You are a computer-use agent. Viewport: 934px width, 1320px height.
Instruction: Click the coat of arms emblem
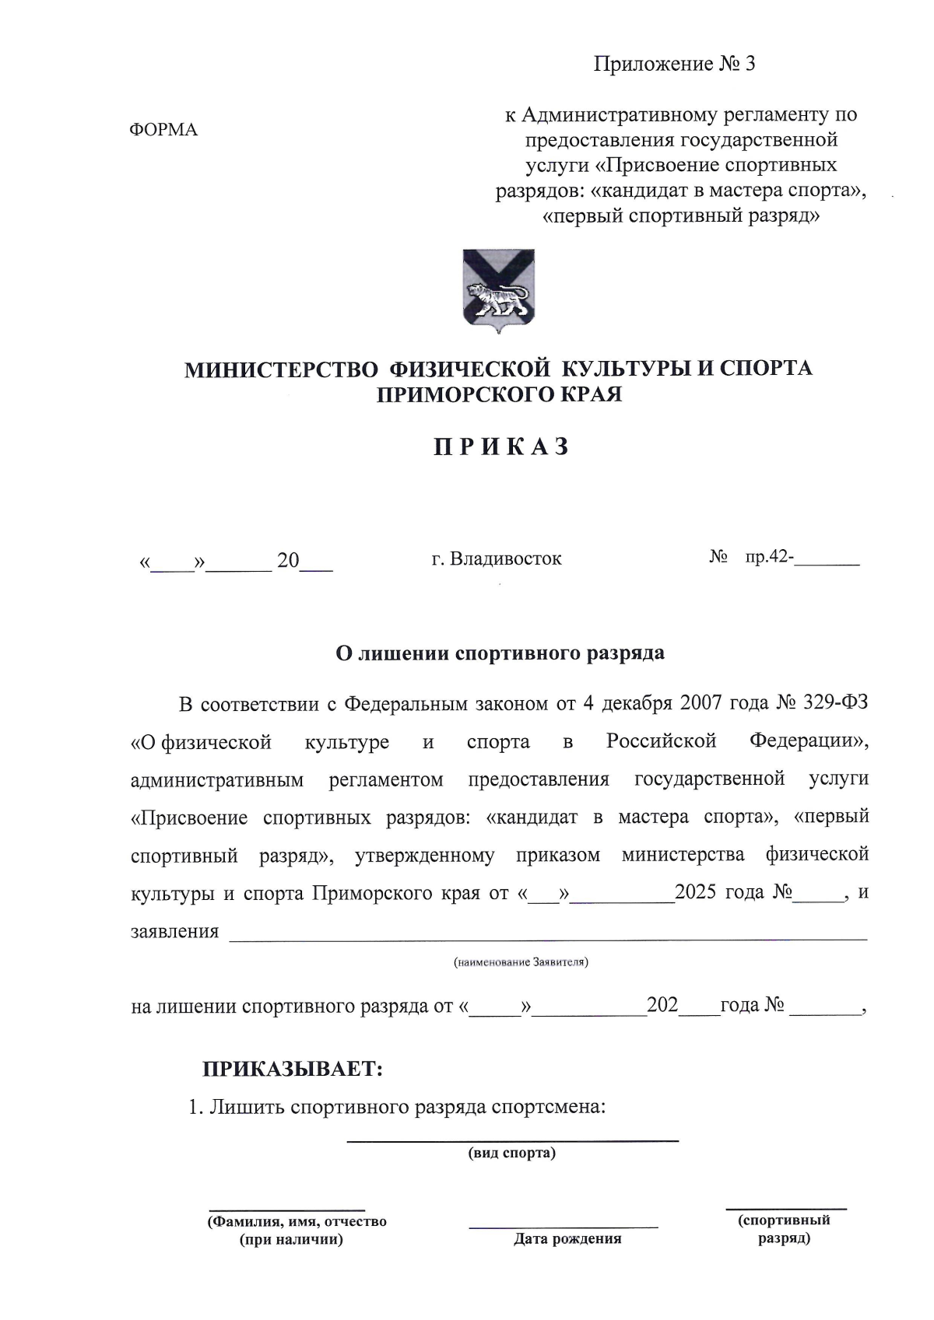click(498, 292)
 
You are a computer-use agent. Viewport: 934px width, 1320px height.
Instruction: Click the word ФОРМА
click(163, 130)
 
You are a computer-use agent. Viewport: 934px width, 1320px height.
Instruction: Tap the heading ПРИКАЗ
click(501, 447)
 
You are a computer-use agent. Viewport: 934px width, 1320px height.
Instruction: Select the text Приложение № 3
click(674, 64)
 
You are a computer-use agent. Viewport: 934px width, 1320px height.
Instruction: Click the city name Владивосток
click(505, 558)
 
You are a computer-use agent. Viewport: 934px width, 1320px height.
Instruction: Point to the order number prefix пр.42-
click(769, 557)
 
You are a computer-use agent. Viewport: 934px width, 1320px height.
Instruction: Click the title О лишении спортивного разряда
click(500, 653)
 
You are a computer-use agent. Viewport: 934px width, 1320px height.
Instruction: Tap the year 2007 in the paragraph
click(701, 702)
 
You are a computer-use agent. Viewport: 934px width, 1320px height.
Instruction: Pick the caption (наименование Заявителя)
click(521, 962)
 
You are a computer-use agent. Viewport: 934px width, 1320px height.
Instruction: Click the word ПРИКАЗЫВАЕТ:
click(293, 1069)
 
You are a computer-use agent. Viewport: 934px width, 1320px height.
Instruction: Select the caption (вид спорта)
click(511, 1153)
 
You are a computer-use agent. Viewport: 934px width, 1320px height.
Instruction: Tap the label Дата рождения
click(567, 1239)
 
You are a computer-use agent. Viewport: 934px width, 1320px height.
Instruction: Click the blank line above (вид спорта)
click(512, 1140)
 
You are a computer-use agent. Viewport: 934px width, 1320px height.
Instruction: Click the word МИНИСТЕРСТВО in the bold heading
click(281, 369)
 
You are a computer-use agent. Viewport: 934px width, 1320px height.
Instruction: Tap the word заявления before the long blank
click(174, 931)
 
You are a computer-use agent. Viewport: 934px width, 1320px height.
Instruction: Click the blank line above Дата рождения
click(563, 1227)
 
